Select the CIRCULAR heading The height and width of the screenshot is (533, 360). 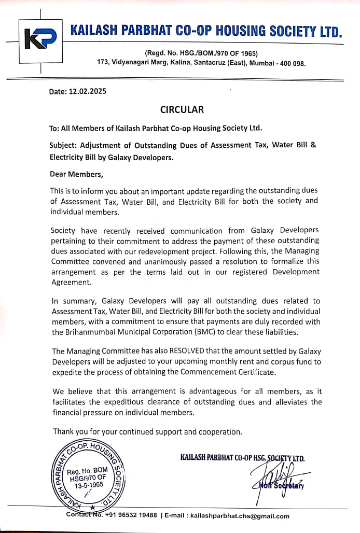pos(182,109)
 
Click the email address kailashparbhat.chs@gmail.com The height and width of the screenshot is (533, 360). pos(240,516)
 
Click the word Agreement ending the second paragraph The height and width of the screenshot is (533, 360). pos(71,282)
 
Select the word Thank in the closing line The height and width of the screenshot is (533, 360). pos(63,431)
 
